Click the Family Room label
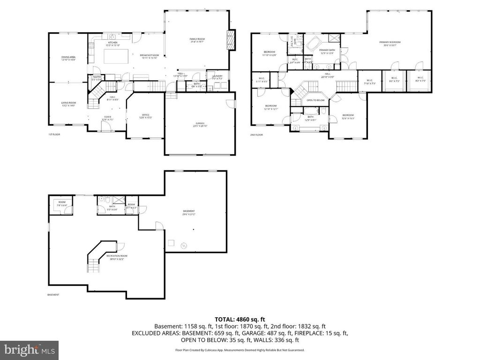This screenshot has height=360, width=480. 197,40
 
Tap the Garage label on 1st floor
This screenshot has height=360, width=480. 200,124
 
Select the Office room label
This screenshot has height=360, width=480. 145,116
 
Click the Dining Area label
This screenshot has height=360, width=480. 68,58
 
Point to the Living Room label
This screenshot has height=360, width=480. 68,104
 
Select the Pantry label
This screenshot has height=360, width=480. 97,78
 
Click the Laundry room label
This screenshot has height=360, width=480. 217,77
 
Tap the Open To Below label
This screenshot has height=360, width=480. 315,100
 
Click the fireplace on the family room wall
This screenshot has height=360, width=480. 230,40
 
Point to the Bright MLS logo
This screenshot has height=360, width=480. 29,349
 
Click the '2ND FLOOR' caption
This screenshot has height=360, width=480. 256,135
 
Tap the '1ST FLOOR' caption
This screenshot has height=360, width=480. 54,135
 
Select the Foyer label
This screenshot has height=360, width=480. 107,118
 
